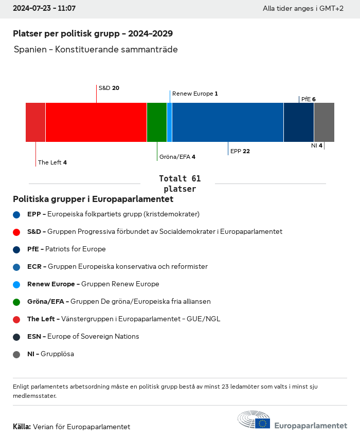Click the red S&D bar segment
point(96,122)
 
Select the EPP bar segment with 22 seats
point(228,122)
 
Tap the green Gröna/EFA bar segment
point(157,122)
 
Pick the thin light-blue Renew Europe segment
point(169,122)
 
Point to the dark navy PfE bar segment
point(299,122)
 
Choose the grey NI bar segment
point(324,122)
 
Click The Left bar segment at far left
point(35,122)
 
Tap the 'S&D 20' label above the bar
point(109,88)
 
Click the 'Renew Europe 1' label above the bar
point(195,94)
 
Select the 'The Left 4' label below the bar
point(52,162)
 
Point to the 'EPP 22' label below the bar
point(240,151)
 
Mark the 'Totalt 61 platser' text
point(179,184)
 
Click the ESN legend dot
point(16,337)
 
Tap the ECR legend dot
point(16,267)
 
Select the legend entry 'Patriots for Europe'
point(75,249)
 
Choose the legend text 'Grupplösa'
point(57,354)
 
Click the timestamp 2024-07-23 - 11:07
point(44,8)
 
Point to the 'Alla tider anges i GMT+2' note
point(303,9)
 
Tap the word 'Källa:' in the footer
point(22,427)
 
